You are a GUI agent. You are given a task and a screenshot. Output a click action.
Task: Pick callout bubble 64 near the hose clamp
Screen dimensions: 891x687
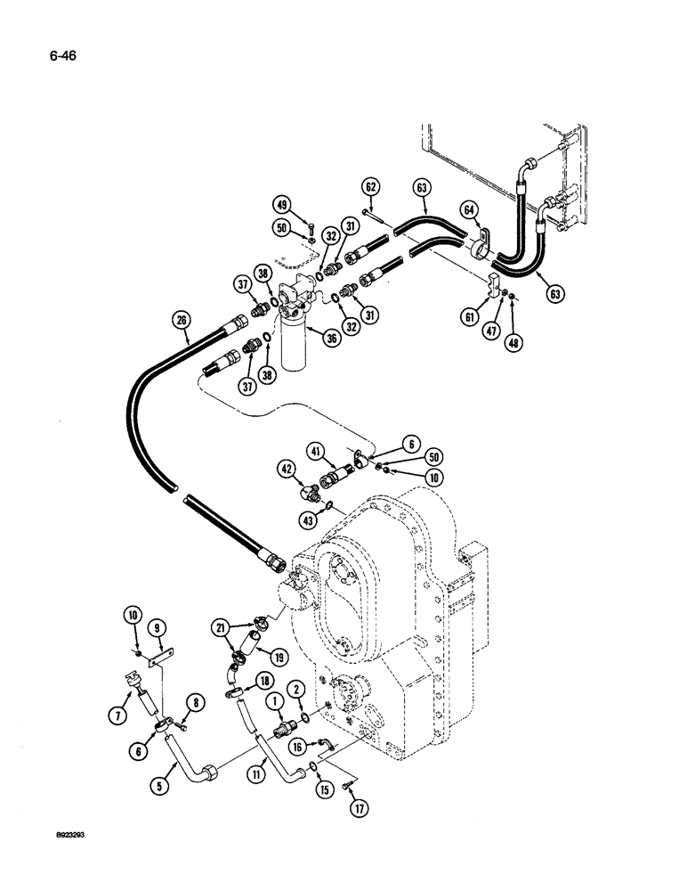pyautogui.click(x=468, y=210)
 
